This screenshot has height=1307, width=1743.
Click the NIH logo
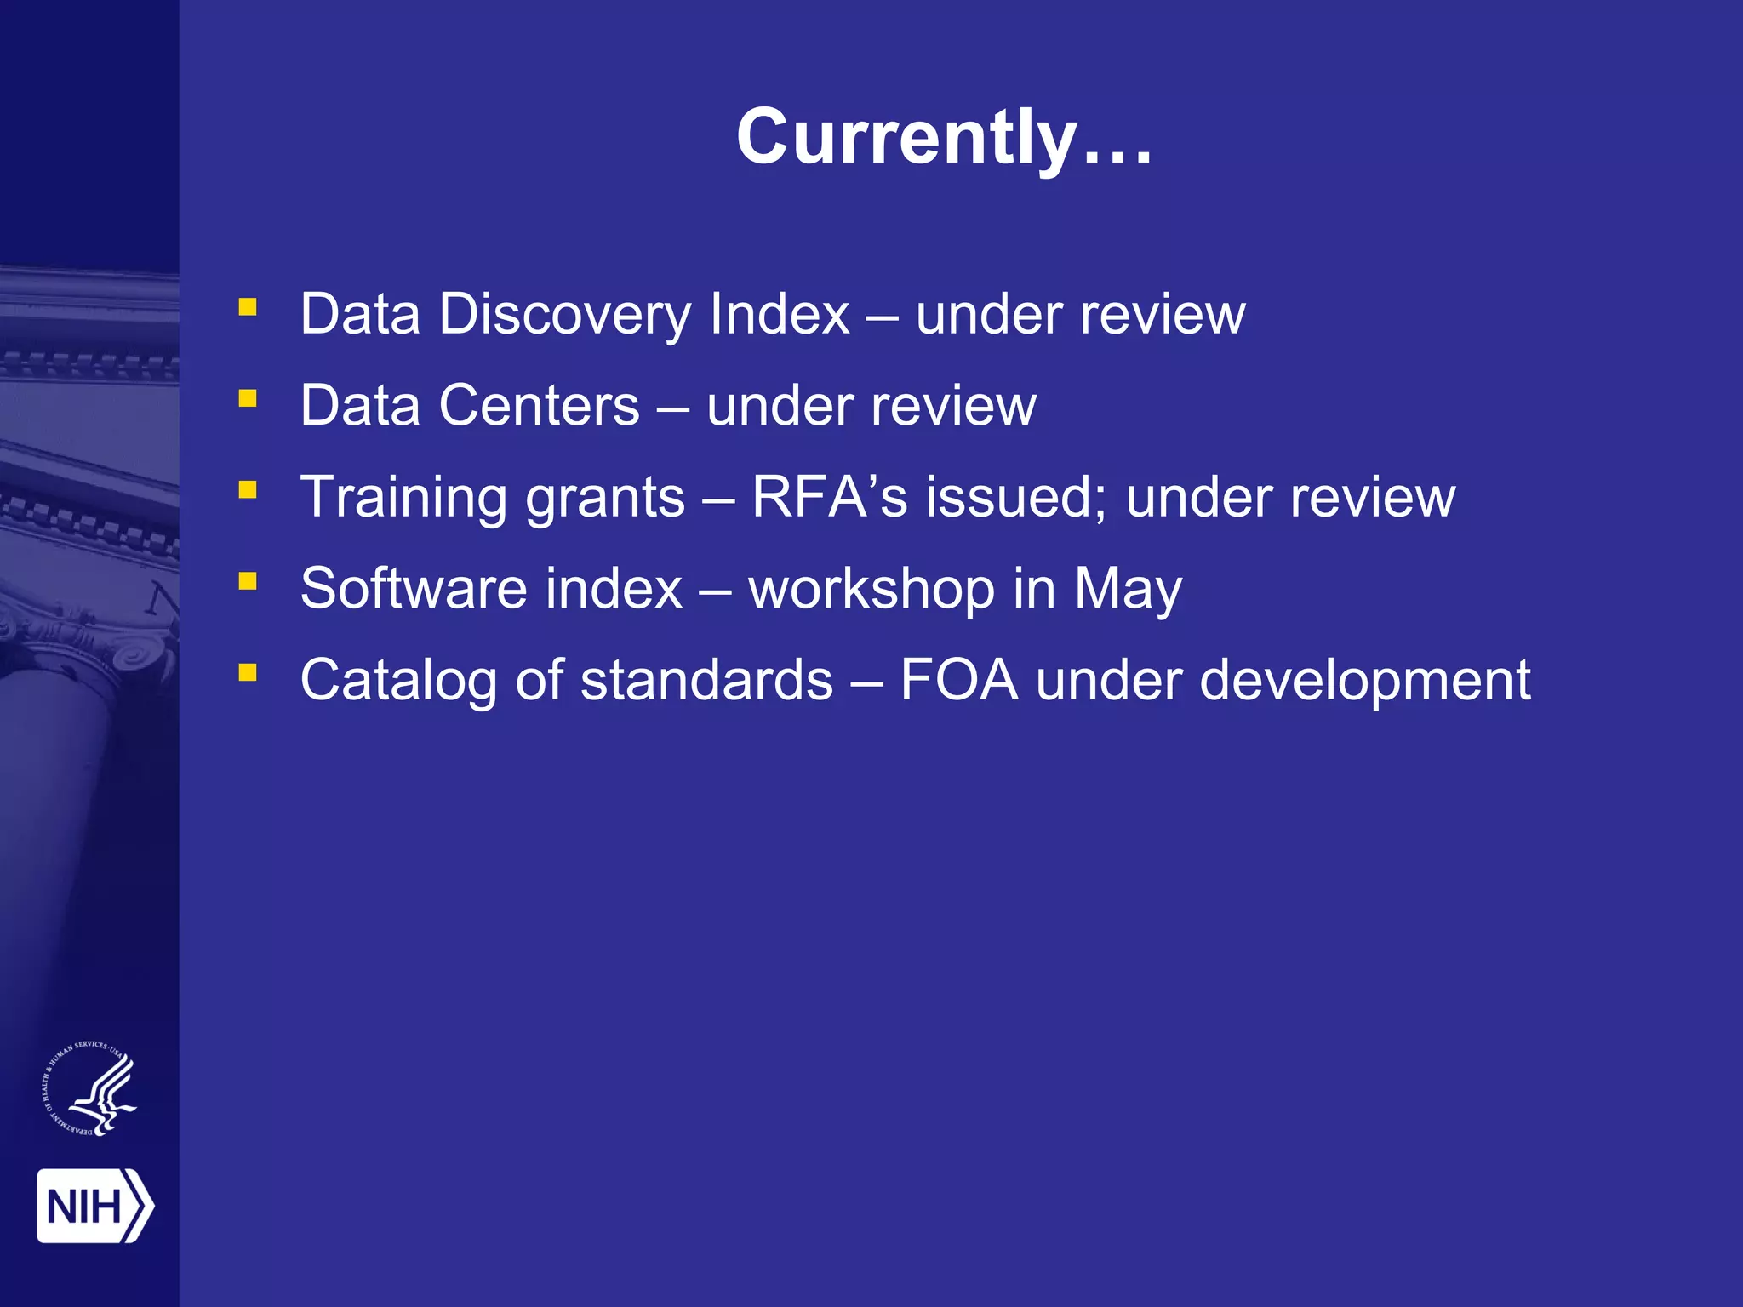[x=94, y=1206]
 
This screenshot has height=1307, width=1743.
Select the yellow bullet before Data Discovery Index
[x=248, y=307]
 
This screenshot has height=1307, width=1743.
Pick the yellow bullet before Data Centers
[x=248, y=398]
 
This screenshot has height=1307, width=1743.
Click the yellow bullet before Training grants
[x=248, y=490]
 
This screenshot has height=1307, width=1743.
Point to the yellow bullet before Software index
[x=248, y=581]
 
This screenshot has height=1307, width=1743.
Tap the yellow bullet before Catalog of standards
[x=248, y=673]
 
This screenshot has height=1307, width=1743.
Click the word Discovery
[x=565, y=315]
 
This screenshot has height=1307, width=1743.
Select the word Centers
[x=539, y=405]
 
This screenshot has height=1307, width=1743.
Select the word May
[x=1128, y=590]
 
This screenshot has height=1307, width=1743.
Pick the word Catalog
[x=398, y=681]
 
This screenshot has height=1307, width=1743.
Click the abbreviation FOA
[x=958, y=680]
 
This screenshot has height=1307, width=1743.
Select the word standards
[x=706, y=680]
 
